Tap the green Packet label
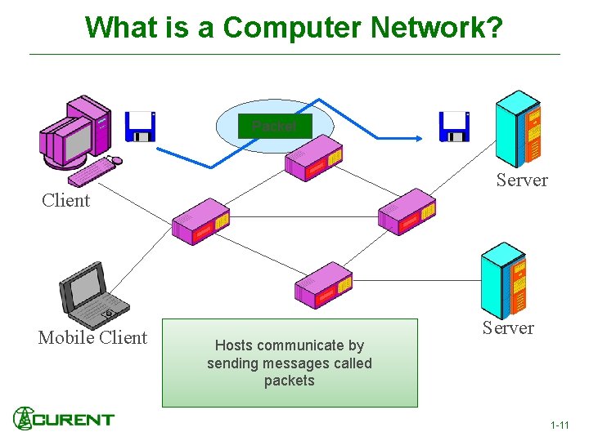tap(274, 127)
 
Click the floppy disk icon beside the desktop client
tap(140, 127)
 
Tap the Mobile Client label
tap(92, 337)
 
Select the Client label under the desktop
tap(65, 200)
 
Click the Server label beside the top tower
tap(522, 180)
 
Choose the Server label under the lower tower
tap(508, 327)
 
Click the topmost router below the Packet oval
tap(313, 160)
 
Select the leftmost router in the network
tap(200, 221)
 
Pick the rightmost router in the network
tap(407, 212)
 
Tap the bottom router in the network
tap(323, 285)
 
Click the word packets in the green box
tap(289, 381)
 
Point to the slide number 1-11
tap(560, 425)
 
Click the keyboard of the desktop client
tap(92, 171)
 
